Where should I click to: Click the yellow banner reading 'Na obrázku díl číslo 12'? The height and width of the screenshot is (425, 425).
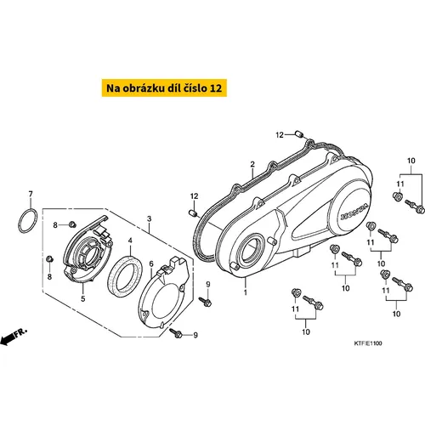pos(164,88)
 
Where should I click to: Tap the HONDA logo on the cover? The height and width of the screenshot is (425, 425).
pos(354,212)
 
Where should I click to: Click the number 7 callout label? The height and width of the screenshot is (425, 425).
pos(31,194)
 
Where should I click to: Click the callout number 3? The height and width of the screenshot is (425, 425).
pos(149,218)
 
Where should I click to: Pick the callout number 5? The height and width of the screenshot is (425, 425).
pos(83,298)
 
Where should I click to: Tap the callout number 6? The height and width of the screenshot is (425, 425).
pos(151,263)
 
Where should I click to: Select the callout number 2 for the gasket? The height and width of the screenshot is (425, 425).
pos(252,164)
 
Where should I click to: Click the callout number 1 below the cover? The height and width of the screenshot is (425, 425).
pos(246,292)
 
